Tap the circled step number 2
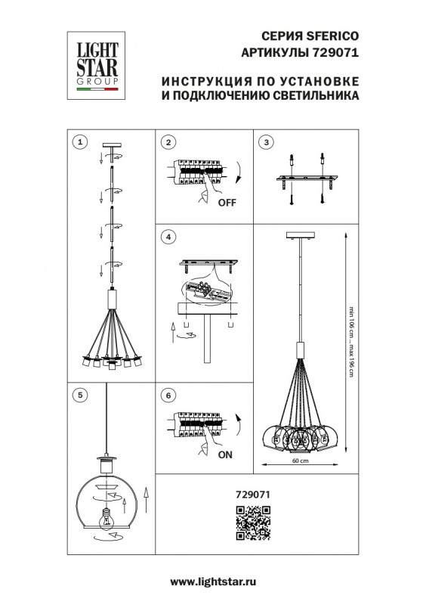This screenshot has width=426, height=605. pos(169,141)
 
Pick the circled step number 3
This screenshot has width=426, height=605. pos(266,141)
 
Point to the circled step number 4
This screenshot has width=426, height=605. pos(169,237)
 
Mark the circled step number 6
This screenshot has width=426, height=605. pos(169,395)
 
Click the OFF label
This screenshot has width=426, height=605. pos(227,203)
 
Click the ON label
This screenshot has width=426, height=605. pos(225,455)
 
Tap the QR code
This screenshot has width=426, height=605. pos(253,523)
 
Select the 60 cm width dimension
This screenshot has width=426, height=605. pos(300,461)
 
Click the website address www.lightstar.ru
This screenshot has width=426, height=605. pos(214,582)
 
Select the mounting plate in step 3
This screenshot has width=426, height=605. pos(306,179)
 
